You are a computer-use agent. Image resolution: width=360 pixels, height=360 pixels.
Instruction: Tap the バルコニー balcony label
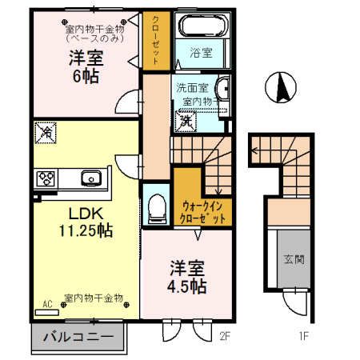(78, 336)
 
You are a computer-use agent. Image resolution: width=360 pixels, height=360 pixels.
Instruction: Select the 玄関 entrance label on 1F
(293, 259)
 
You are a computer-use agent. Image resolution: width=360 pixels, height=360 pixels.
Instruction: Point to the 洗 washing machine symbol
(185, 121)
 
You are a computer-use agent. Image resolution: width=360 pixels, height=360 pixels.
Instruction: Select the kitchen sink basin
(88, 177)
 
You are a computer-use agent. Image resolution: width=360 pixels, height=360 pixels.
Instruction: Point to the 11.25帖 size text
(78, 231)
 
